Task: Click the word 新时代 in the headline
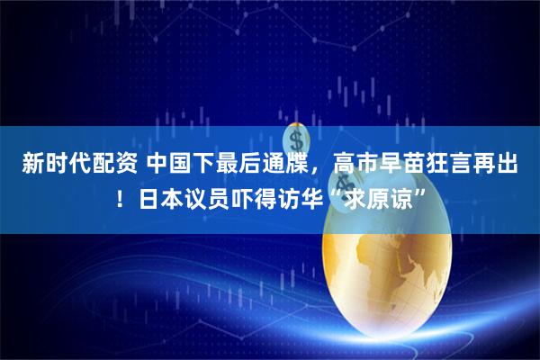click(49, 165)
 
